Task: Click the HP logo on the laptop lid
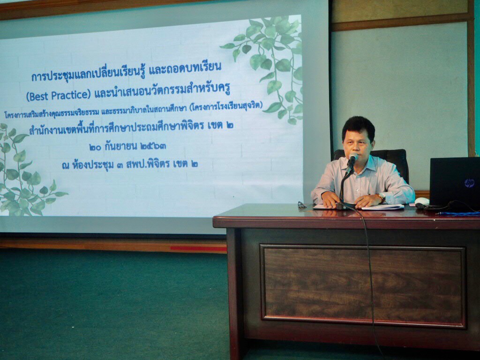[x=469, y=183]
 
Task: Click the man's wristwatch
[x=382, y=197]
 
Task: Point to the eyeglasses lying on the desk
[x=302, y=205]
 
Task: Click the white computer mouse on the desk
[x=422, y=201]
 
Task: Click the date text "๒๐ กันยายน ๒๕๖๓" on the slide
[x=128, y=146]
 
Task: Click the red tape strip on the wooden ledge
[x=198, y=248]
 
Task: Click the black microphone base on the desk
[x=346, y=205]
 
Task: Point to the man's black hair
[x=359, y=127]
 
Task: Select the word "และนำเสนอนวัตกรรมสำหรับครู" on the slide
[x=162, y=91]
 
